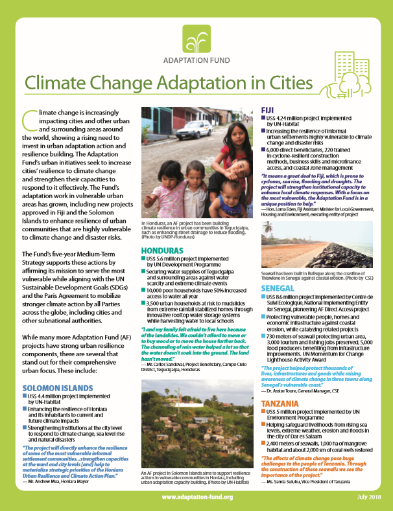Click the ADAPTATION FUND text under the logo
click(196, 64)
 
